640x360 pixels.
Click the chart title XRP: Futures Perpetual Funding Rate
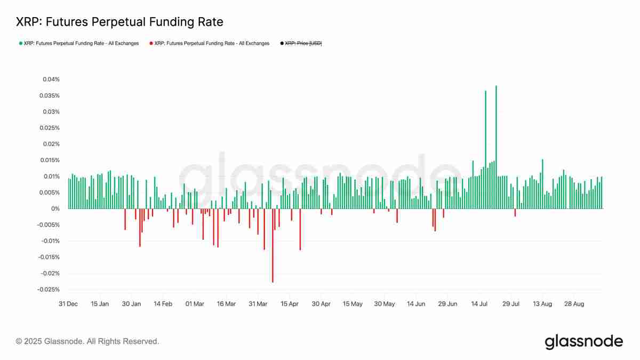[x=119, y=22]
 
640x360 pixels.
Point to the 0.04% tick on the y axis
[x=51, y=79]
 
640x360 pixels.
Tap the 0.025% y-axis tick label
[x=50, y=128]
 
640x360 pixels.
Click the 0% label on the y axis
[x=55, y=209]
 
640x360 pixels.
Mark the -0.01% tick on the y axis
[x=50, y=241]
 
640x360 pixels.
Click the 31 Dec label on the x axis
[x=68, y=304]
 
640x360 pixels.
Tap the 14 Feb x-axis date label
[x=163, y=304]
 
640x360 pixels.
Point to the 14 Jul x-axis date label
[x=479, y=304]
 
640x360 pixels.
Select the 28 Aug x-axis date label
[x=574, y=304]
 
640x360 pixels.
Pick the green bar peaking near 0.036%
[x=485, y=149]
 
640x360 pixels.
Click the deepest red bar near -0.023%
[x=273, y=245]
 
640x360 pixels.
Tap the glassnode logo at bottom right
[x=583, y=341]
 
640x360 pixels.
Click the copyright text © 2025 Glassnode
[x=87, y=341]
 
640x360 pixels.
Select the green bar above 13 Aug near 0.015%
[x=542, y=184]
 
